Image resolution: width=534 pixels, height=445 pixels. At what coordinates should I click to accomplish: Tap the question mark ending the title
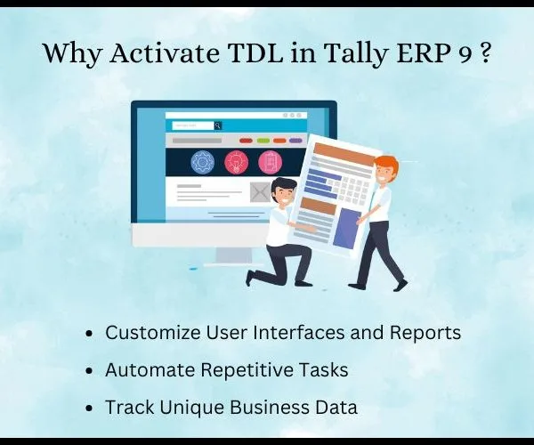pyautogui.click(x=486, y=53)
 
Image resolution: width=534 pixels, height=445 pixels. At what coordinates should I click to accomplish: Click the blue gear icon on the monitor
pyautogui.click(x=203, y=162)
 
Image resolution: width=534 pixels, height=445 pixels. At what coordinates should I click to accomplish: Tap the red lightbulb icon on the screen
pyautogui.click(x=237, y=162)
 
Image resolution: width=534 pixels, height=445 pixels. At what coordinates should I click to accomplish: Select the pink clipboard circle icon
pyautogui.click(x=270, y=162)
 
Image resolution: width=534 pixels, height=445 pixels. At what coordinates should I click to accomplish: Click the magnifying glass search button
pyautogui.click(x=218, y=125)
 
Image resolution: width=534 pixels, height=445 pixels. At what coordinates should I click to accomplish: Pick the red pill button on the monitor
pyautogui.click(x=246, y=141)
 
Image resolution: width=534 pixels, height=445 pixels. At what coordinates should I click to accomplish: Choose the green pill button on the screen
pyautogui.click(x=263, y=141)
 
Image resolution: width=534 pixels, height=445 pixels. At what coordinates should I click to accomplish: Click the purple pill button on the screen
pyautogui.click(x=295, y=141)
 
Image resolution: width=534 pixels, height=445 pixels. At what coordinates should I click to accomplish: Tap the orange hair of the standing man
pyautogui.click(x=386, y=164)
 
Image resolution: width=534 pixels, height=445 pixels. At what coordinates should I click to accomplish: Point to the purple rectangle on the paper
pyautogui.click(x=347, y=228)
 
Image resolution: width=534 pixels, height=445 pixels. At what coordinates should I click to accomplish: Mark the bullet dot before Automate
pyautogui.click(x=89, y=371)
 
